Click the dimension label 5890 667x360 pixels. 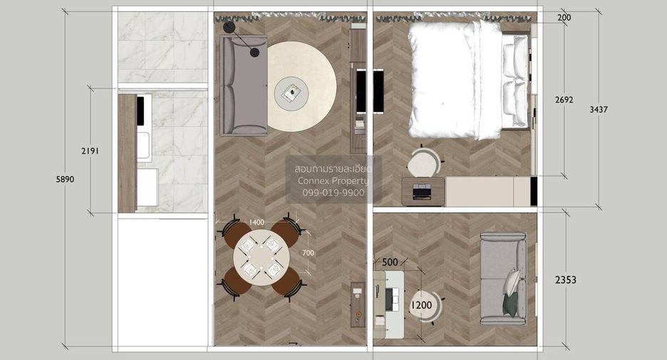coord(65,179)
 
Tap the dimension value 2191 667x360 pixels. coord(91,150)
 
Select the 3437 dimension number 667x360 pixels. coord(599,109)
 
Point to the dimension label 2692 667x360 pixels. coord(564,100)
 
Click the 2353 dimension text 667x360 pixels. coord(566,279)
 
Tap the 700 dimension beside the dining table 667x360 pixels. coord(308,253)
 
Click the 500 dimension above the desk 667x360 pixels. coord(390,262)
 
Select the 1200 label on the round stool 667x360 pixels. coord(421,304)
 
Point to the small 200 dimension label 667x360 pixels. coord(564,17)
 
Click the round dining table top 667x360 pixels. coord(262,258)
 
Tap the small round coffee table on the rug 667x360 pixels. coord(291,93)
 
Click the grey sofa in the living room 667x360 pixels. coord(243,86)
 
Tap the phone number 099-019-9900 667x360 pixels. coord(333,192)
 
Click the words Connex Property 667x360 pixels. coord(333,181)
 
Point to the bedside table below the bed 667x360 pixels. coord(423,191)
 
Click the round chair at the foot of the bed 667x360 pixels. coord(424,161)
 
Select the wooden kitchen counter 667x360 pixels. coord(127,153)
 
